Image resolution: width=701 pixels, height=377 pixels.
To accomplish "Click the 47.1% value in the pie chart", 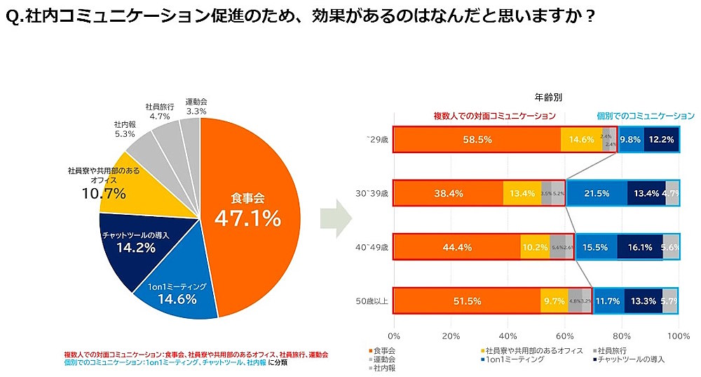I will tap(247, 218).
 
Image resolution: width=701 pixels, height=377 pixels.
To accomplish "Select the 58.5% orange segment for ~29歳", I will tap(477, 140).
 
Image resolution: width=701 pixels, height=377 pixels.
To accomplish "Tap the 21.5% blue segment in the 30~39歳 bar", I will tap(597, 193).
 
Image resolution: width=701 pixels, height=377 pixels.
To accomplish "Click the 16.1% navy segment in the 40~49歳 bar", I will tap(639, 247).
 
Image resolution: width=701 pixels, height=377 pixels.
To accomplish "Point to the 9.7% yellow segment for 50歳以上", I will tap(554, 301).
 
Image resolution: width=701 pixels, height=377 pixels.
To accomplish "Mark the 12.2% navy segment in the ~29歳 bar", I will tap(661, 140).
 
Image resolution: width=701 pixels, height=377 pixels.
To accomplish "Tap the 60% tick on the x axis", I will tap(564, 336).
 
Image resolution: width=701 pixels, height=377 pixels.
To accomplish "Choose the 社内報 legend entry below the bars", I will tap(383, 367).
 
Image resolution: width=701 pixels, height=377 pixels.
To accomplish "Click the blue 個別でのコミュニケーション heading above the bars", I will tap(645, 116).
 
